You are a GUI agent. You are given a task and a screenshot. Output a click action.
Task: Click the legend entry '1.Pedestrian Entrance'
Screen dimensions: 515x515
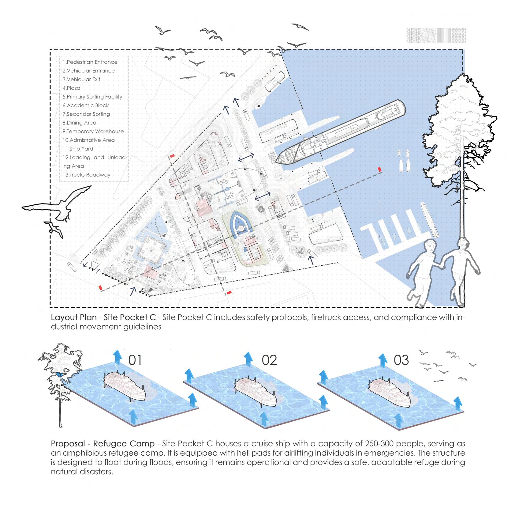pyautogui.click(x=90, y=62)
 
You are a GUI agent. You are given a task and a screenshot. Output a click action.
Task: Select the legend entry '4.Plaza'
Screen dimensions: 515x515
pyautogui.click(x=72, y=88)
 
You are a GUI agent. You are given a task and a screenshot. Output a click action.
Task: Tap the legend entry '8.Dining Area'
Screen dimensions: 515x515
pyautogui.click(x=80, y=123)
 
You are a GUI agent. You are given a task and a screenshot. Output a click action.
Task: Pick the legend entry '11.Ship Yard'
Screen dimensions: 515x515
pyautogui.click(x=78, y=149)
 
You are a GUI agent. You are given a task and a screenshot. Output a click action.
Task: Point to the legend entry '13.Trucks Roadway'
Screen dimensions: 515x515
pyautogui.click(x=87, y=175)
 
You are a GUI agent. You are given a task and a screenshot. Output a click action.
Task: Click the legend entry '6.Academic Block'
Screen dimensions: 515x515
pyautogui.click(x=86, y=106)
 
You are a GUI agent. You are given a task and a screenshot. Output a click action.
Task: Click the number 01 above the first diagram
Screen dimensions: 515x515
pyautogui.click(x=135, y=360)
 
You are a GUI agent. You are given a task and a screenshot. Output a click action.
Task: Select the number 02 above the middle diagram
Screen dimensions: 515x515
pyautogui.click(x=269, y=360)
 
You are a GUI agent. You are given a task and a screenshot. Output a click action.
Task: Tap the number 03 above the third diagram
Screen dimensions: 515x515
pyautogui.click(x=401, y=360)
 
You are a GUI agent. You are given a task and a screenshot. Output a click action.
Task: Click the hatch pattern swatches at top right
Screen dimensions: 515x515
pyautogui.click(x=436, y=35)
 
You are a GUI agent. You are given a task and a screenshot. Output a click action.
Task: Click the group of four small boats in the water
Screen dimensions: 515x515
pyautogui.click(x=404, y=161)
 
